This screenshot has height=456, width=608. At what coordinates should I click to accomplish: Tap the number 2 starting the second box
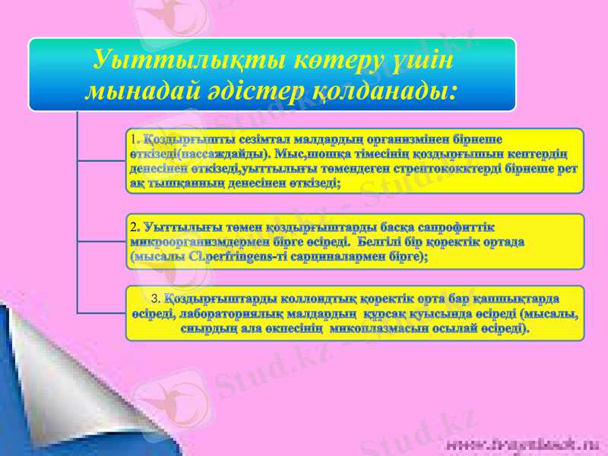(x=133, y=226)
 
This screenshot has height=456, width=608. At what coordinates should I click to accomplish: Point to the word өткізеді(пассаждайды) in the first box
(x=201, y=154)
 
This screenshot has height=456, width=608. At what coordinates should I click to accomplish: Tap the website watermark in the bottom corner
(x=525, y=442)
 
